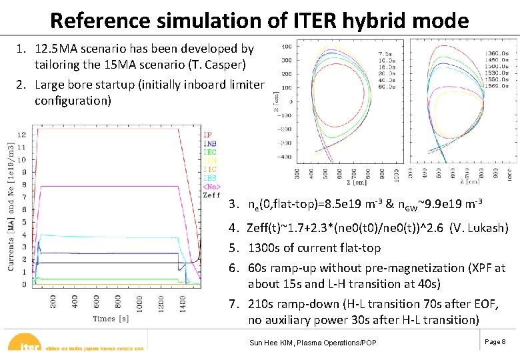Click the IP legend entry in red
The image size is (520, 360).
click(x=207, y=135)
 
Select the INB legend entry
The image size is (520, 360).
click(x=209, y=143)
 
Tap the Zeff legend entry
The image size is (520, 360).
click(x=211, y=195)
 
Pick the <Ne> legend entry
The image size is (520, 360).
click(x=211, y=187)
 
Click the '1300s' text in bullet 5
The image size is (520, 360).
click(x=264, y=248)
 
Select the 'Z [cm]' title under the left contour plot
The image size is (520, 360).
click(x=345, y=181)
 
